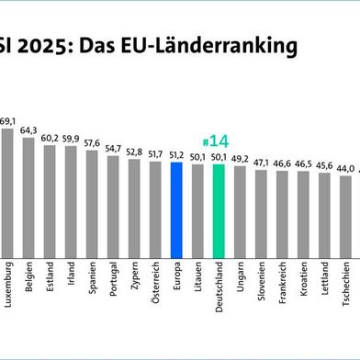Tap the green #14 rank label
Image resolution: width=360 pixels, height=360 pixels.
217,141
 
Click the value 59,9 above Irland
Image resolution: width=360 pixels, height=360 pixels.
71,138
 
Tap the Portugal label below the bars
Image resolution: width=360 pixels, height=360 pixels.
114,281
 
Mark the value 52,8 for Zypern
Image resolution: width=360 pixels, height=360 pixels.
134,151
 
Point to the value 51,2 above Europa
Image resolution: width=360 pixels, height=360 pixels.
176,154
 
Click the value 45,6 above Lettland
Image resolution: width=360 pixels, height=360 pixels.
324,164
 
